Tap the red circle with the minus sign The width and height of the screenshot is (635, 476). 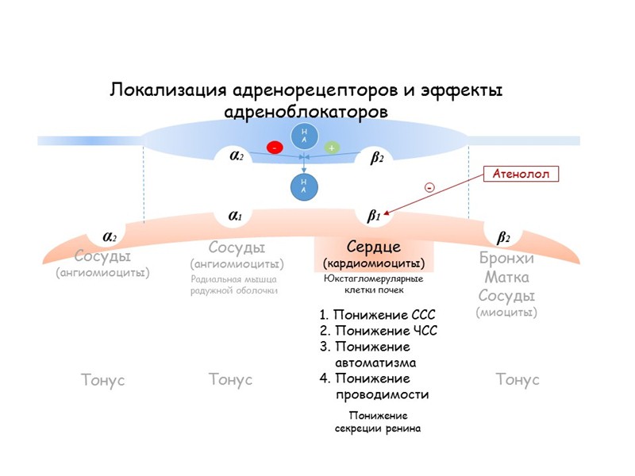click(275, 148)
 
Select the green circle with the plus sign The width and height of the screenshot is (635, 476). click(331, 148)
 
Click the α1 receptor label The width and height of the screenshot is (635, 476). click(236, 214)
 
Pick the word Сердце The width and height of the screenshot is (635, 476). click(374, 247)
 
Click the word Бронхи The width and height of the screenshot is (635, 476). click(507, 259)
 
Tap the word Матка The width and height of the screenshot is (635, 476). click(507, 278)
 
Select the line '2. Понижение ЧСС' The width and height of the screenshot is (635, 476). click(378, 331)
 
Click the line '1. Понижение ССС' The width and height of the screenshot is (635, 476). click(378, 315)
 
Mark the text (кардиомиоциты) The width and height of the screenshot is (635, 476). click(374, 263)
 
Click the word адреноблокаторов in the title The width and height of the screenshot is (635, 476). click(306, 111)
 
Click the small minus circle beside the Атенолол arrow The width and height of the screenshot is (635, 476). click(429, 188)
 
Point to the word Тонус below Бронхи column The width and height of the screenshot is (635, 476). click(518, 380)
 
